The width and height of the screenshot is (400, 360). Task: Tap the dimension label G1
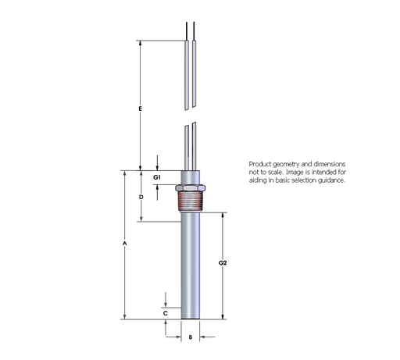(157, 178)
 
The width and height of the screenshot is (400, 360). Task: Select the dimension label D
(141, 198)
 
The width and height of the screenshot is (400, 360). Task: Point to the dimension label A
(124, 244)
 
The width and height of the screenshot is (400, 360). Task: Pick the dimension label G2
(223, 264)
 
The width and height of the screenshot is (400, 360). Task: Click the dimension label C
(166, 312)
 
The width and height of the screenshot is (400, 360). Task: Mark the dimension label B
(191, 337)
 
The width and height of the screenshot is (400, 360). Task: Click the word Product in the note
(259, 163)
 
